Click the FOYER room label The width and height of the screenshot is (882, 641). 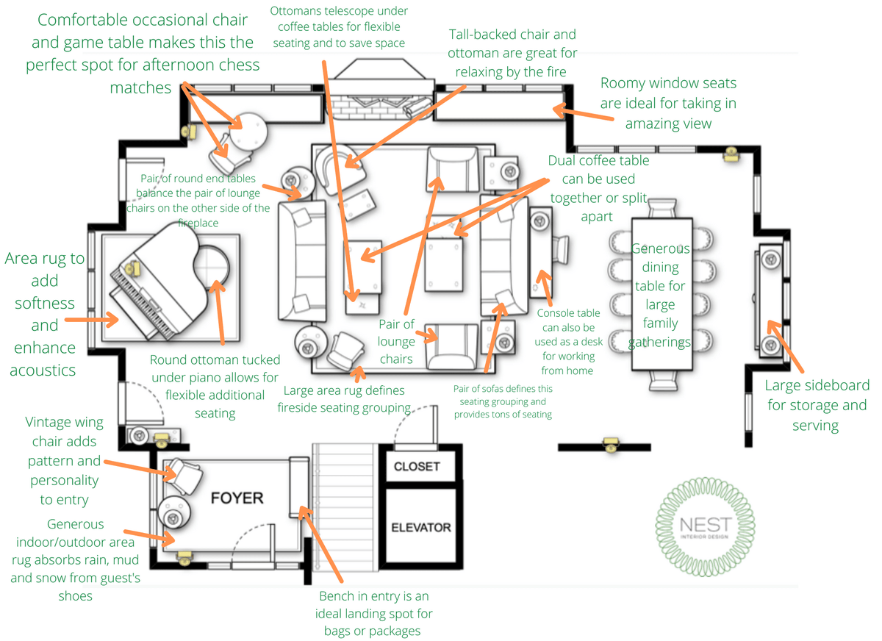[237, 498]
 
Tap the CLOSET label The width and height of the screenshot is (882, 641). [417, 466]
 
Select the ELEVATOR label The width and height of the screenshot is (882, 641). [420, 527]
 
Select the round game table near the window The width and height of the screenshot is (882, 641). [247, 131]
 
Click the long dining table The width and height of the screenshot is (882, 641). [661, 294]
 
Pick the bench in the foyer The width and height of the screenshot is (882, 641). [299, 487]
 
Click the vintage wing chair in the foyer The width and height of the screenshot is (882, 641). [183, 476]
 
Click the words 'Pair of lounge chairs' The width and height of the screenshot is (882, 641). [397, 342]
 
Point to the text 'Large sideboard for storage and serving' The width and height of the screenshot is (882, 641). [817, 405]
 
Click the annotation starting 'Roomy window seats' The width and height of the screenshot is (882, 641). [667, 103]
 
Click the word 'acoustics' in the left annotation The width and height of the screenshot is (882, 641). [43, 370]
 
